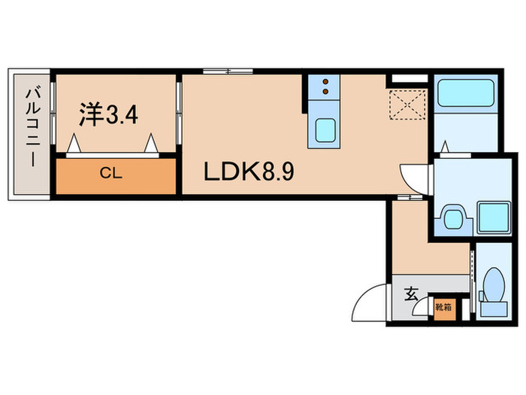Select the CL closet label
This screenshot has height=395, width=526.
click(x=111, y=172)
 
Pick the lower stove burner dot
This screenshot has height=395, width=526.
click(x=325, y=93)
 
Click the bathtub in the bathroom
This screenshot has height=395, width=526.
click(x=464, y=94)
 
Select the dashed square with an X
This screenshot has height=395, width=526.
click(x=407, y=103)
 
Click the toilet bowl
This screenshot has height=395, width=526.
click(x=493, y=287)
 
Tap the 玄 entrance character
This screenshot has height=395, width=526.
click(x=412, y=294)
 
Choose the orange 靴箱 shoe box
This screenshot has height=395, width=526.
click(x=443, y=307)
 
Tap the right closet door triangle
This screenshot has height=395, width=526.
click(x=153, y=141)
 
